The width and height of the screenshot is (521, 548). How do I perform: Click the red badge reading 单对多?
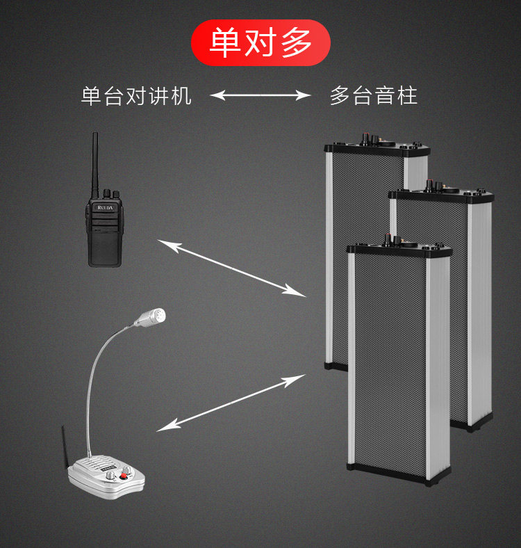tap(260, 43)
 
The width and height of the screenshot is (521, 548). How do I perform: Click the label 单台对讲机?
tap(136, 95)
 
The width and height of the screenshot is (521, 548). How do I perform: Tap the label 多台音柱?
tap(374, 95)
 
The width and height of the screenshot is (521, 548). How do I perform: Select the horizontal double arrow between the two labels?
tap(260, 95)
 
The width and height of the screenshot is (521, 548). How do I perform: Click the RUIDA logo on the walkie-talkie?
tap(105, 207)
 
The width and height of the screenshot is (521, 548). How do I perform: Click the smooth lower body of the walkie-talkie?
tap(105, 247)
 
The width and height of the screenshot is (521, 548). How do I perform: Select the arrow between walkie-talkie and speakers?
tap(232, 266)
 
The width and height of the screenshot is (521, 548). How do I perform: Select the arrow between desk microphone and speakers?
tap(232, 403)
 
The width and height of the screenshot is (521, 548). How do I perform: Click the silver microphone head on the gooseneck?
tap(152, 318)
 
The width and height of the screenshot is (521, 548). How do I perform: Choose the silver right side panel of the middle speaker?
tap(480, 313)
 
